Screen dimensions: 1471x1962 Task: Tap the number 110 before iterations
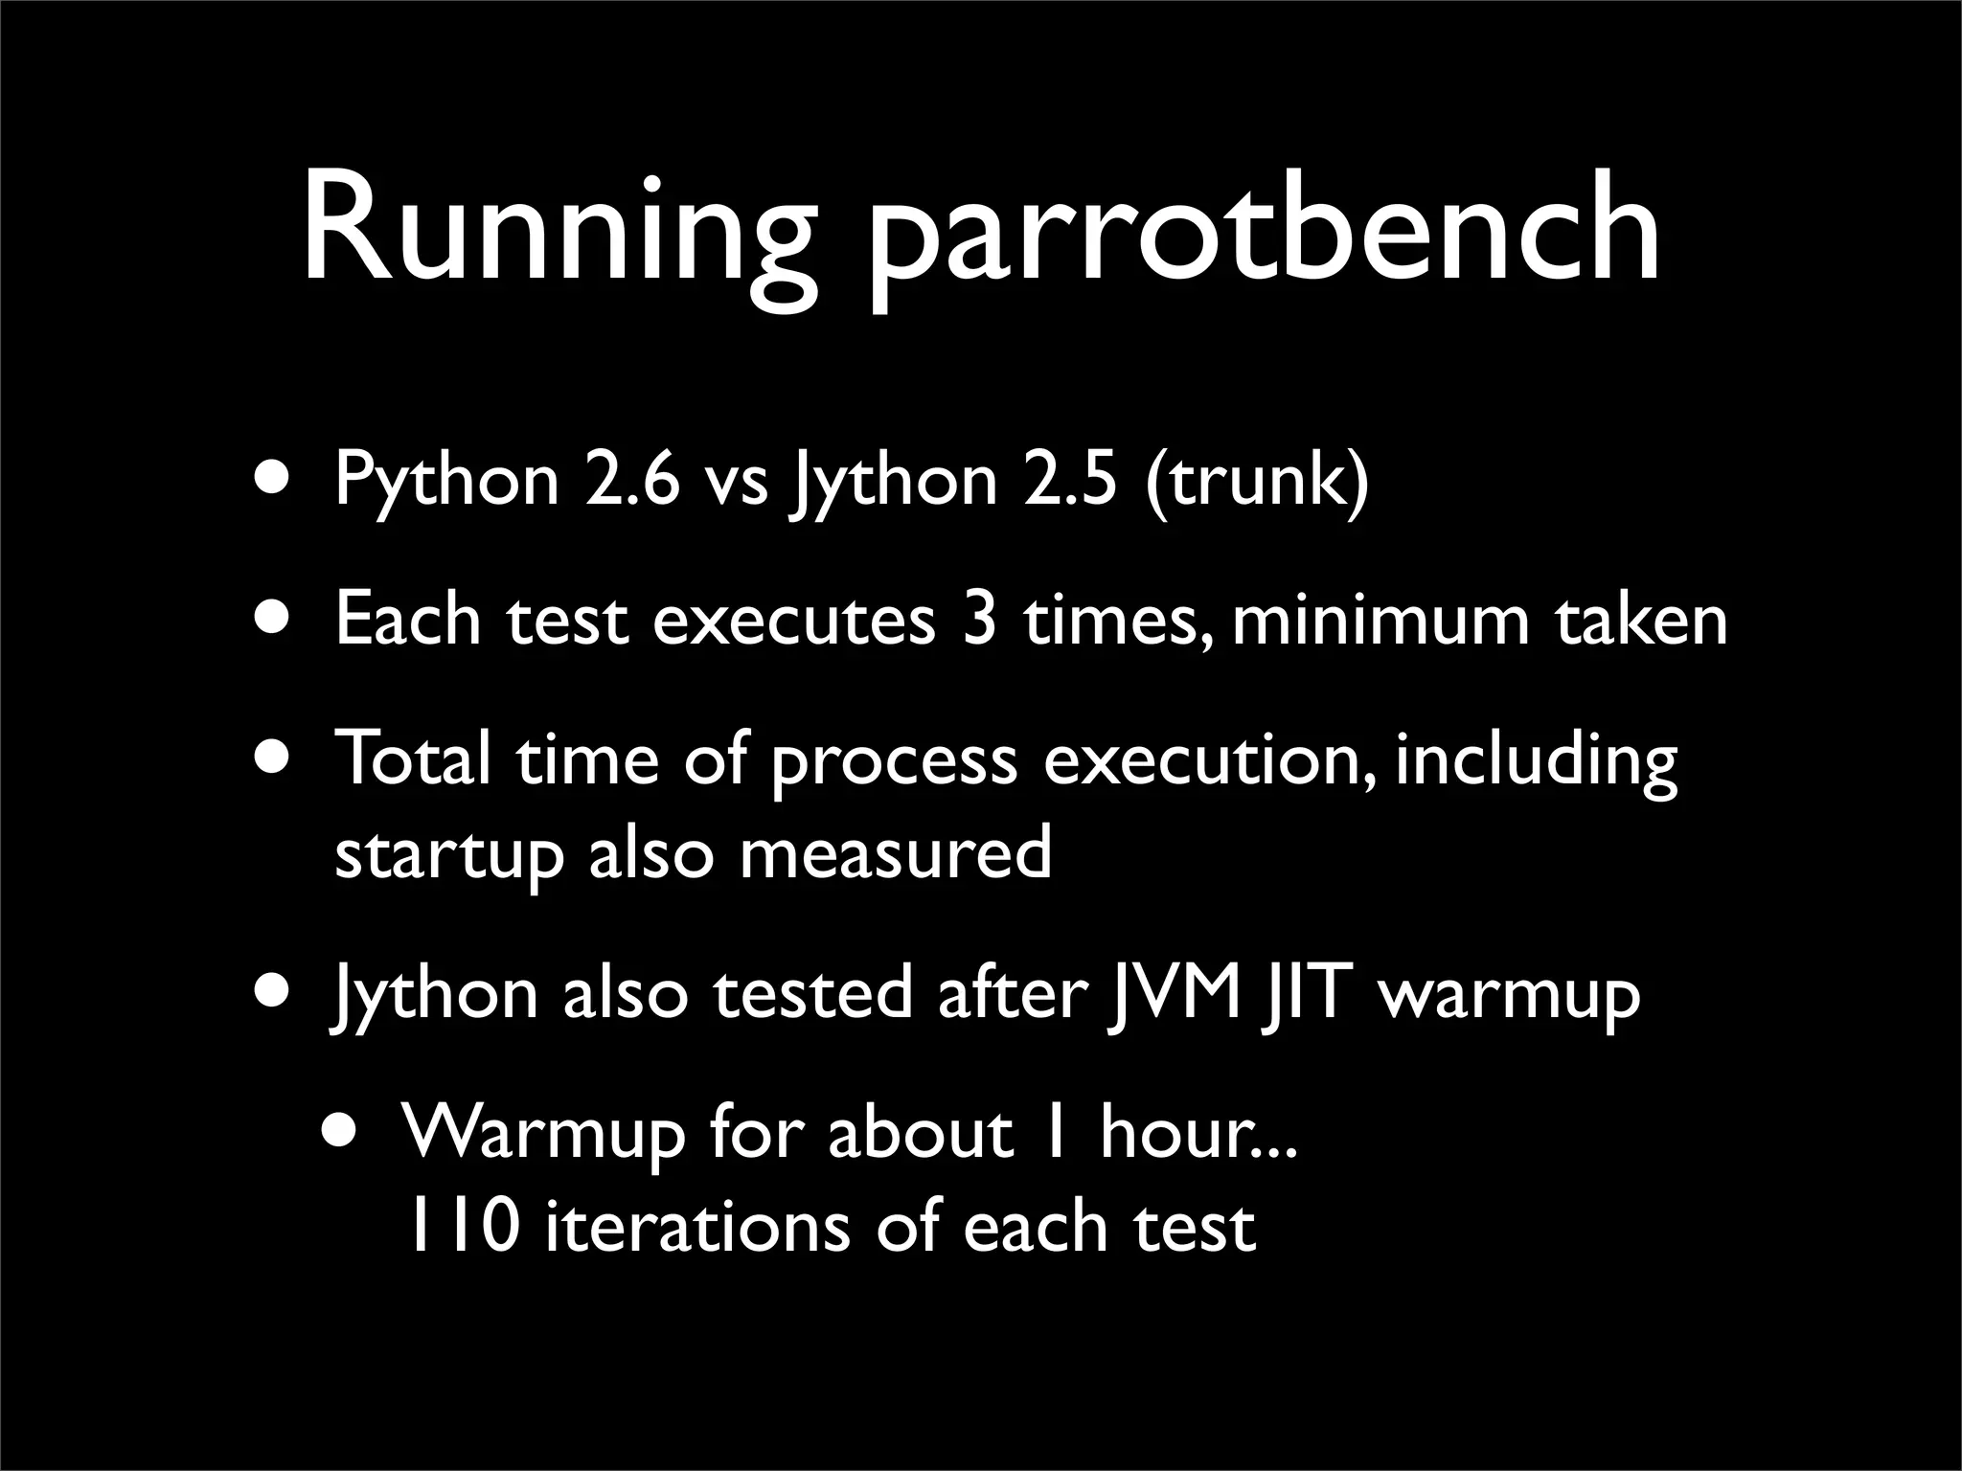(464, 1227)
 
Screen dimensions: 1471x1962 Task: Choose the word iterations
(697, 1227)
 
